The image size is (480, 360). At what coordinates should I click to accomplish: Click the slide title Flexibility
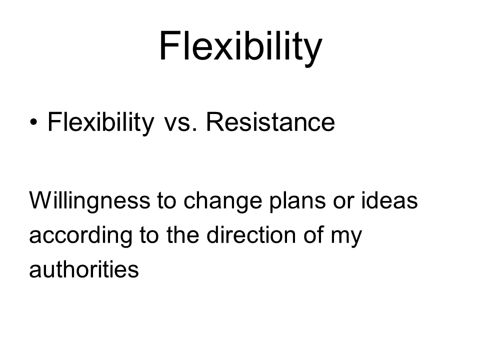point(240,47)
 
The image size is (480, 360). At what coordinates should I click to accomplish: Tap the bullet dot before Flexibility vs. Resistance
point(33,122)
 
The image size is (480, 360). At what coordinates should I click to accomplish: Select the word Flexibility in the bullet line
point(100,122)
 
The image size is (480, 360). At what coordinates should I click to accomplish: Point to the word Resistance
point(270,122)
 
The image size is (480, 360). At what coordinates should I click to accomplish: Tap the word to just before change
point(167,201)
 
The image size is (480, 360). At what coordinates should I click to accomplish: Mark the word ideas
point(389,200)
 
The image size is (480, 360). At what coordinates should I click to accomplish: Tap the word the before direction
point(183,235)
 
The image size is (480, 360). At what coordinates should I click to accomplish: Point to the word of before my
point(314,235)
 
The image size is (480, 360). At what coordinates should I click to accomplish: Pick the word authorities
point(84,269)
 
